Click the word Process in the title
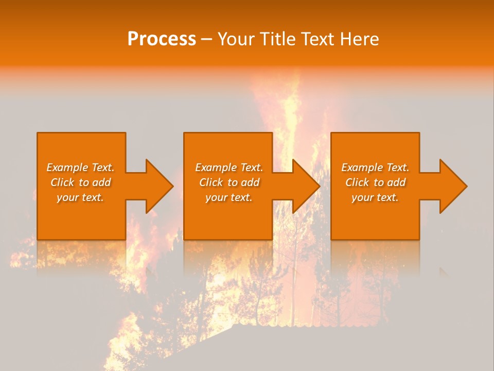[162, 39]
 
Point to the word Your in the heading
[236, 39]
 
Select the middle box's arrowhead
[307, 186]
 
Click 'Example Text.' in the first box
[80, 167]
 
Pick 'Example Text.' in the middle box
[229, 167]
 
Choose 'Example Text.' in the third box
[375, 167]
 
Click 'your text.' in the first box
[80, 197]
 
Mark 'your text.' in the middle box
[229, 197]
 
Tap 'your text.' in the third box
[375, 197]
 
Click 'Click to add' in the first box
[80, 182]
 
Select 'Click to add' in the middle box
[229, 182]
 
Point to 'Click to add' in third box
[375, 182]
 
